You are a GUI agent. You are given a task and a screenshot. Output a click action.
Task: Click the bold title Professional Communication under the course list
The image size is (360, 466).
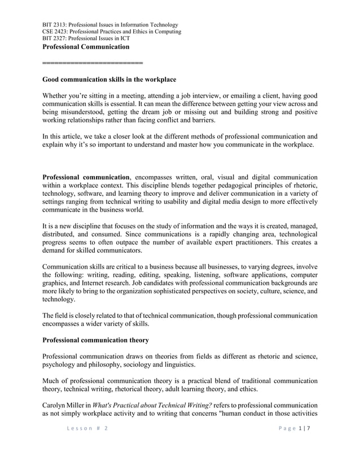86,47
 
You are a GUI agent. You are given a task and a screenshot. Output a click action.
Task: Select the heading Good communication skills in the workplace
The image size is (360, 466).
109,80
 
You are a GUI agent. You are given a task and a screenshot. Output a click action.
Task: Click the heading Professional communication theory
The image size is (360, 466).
96,340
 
